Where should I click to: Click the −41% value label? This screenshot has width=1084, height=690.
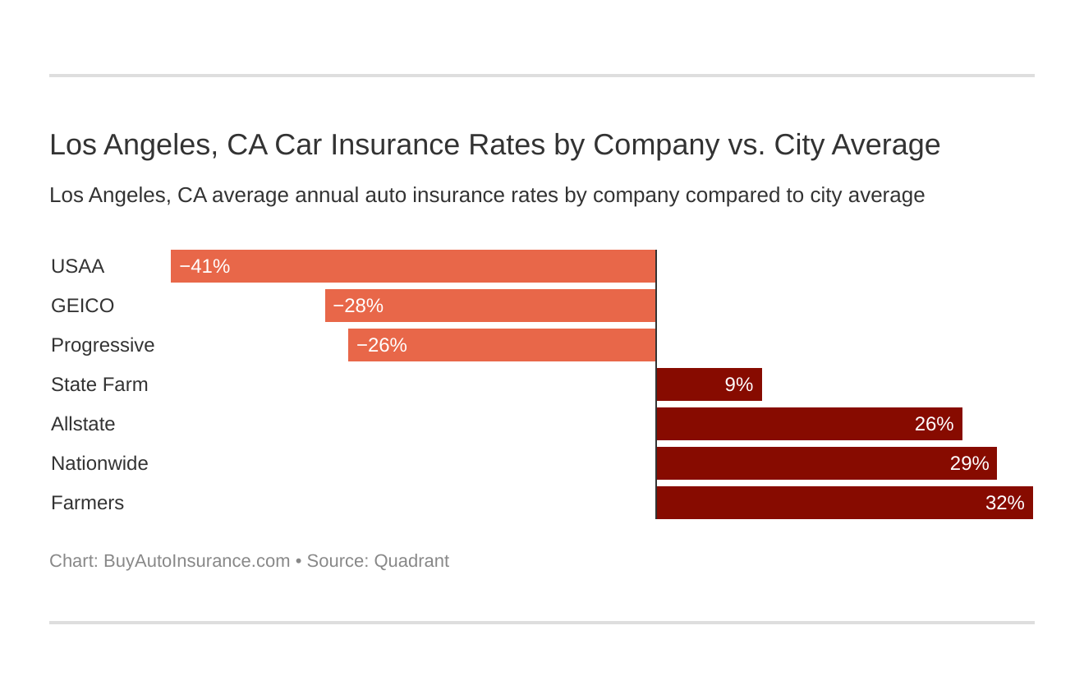pyautogui.click(x=204, y=266)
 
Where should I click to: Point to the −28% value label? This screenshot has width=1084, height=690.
pyautogui.click(x=358, y=306)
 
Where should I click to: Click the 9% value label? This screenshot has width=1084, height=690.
pyautogui.click(x=738, y=384)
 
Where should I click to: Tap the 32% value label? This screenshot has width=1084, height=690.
pyautogui.click(x=1004, y=503)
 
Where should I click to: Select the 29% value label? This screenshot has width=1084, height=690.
pyautogui.click(x=969, y=463)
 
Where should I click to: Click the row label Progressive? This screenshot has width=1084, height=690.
pyautogui.click(x=103, y=345)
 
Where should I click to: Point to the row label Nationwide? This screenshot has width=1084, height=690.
pyautogui.click(x=99, y=463)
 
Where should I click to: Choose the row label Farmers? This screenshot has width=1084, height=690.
pyautogui.click(x=87, y=503)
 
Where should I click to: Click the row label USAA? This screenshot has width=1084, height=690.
pyautogui.click(x=77, y=266)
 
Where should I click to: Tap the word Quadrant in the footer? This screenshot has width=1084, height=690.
pyautogui.click(x=411, y=561)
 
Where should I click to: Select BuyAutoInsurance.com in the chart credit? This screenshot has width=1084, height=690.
pyautogui.click(x=196, y=561)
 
